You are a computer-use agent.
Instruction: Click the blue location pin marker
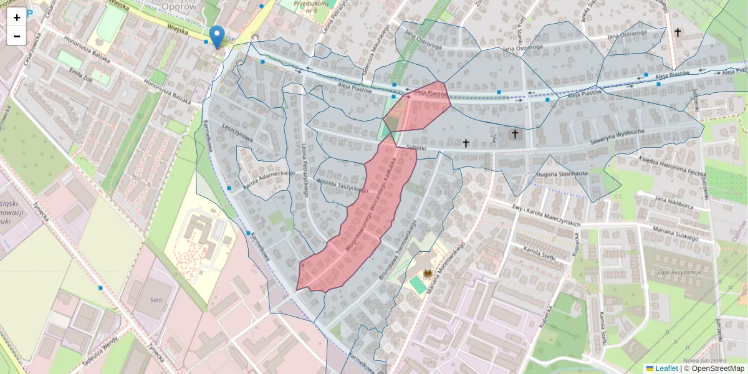pyautogui.click(x=217, y=36)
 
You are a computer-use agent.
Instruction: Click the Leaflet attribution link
pyautogui.click(x=666, y=368)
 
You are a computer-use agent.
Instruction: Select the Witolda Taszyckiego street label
pyautogui.click(x=340, y=185)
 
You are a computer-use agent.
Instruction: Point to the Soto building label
pyautogui.click(x=156, y=300)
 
